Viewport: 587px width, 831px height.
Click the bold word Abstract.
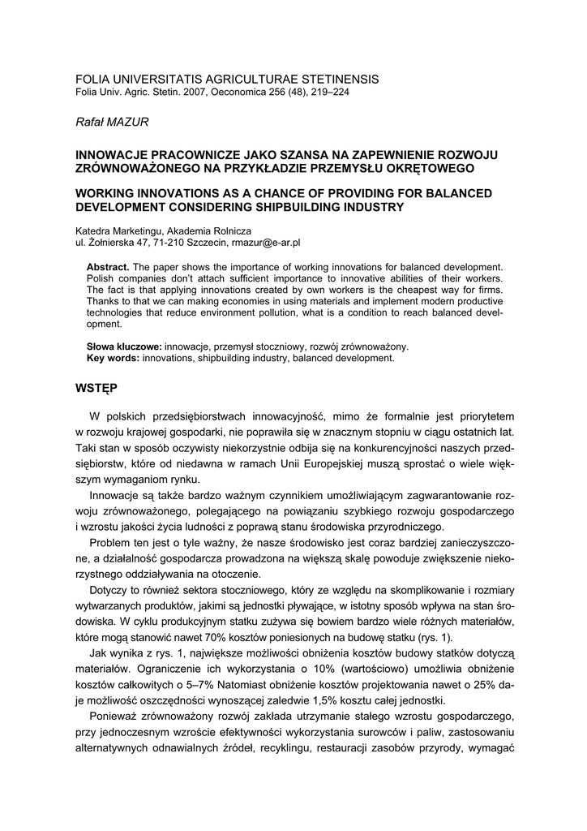tap(107, 267)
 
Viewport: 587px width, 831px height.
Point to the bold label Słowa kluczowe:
tap(124, 346)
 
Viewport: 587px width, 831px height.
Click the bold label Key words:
tap(113, 357)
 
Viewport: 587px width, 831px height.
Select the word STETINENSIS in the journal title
tap(332, 79)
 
